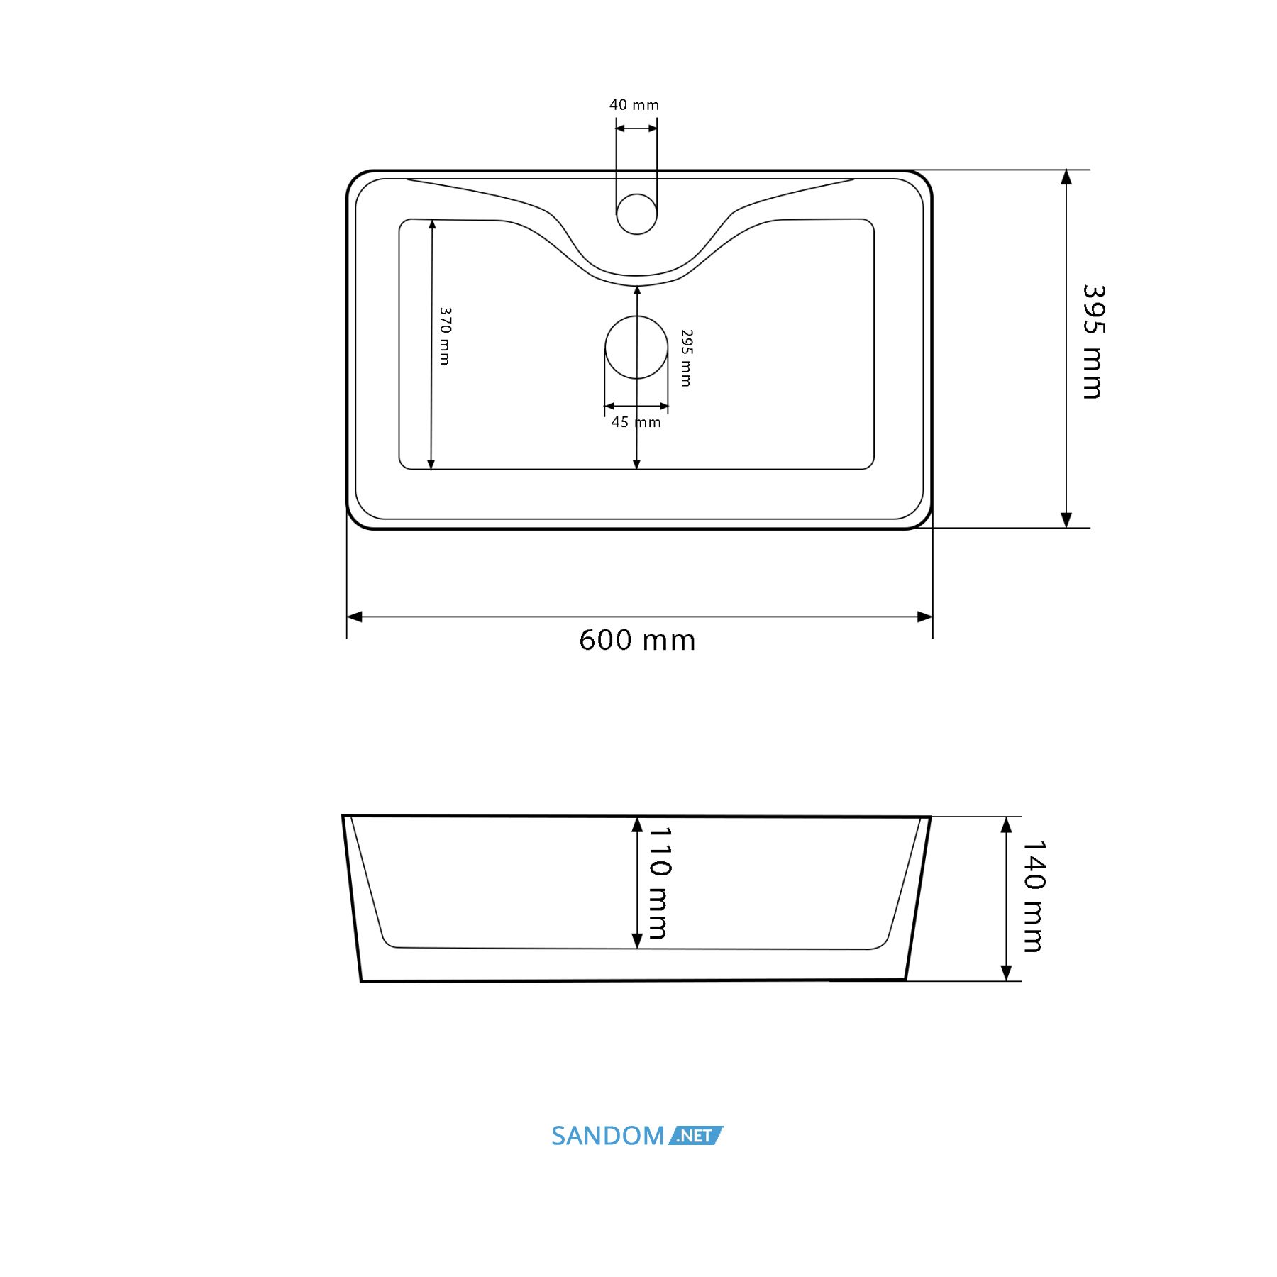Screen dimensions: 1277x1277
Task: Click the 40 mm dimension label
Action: pos(634,105)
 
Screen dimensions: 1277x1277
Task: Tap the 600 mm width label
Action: pos(637,640)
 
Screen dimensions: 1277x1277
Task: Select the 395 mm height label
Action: pos(1093,342)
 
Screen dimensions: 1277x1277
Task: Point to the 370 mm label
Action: pos(445,336)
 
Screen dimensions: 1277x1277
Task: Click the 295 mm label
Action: pos(686,358)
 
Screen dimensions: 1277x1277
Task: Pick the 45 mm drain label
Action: pos(636,422)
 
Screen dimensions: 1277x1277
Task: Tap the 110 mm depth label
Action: pos(659,883)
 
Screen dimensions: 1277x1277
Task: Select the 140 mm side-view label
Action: pos(1034,896)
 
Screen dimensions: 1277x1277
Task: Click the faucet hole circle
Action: pos(636,214)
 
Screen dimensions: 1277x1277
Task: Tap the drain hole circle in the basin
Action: pos(636,347)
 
